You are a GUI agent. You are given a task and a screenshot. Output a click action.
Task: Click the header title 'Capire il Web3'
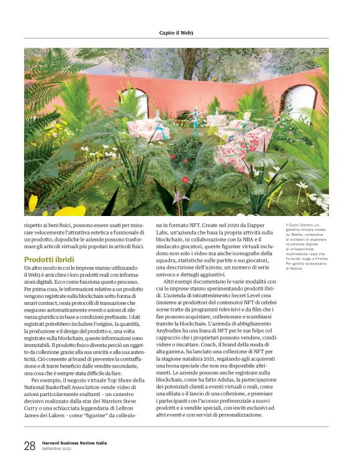pyautogui.click(x=179, y=32)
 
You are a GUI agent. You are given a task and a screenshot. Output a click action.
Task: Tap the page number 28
pyautogui.click(x=30, y=445)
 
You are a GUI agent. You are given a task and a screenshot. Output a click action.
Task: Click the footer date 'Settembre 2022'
pyautogui.click(x=58, y=449)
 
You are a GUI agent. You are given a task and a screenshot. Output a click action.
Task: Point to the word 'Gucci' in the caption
pyautogui.click(x=297, y=225)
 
